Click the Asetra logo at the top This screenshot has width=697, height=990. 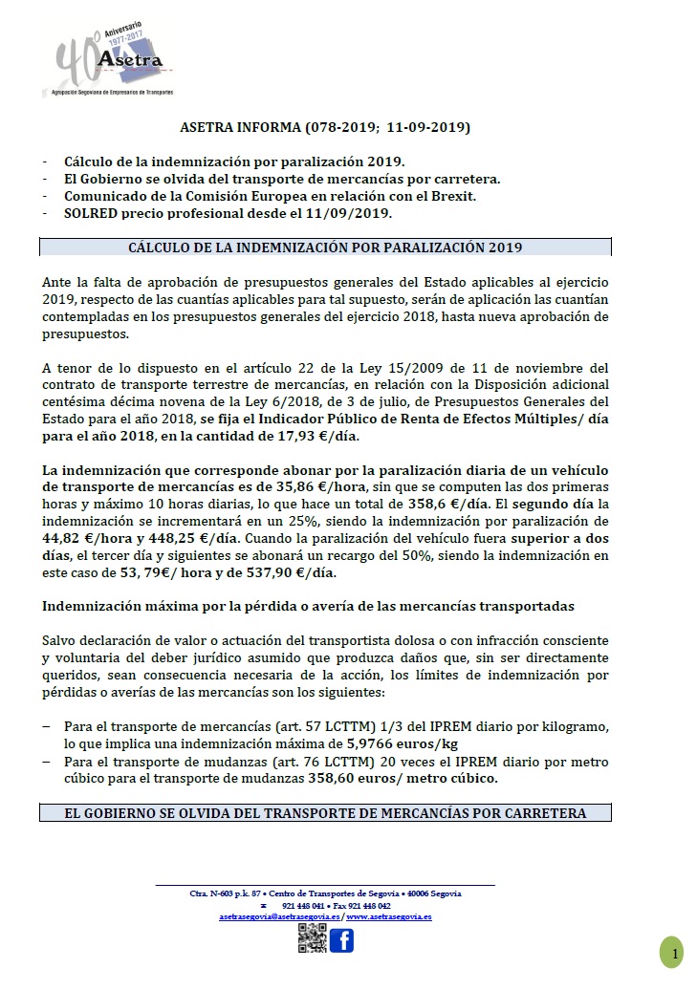coord(106,58)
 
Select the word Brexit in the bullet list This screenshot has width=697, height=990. coord(450,196)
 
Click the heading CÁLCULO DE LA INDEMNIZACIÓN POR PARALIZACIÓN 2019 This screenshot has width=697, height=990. coord(325,247)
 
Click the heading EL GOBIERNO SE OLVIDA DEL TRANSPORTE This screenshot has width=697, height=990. coord(325,814)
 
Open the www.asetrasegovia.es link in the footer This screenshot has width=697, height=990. coord(389,916)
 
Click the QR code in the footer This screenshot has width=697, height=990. coord(311,940)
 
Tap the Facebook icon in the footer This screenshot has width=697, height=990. coord(341,940)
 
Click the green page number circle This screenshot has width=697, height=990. coord(671,953)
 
